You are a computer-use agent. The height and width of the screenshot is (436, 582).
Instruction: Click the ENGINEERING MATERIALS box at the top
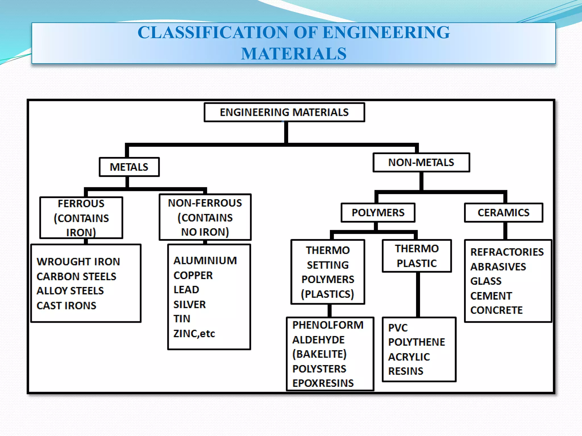pyautogui.click(x=284, y=112)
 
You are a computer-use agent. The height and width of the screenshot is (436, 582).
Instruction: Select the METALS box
pyautogui.click(x=129, y=167)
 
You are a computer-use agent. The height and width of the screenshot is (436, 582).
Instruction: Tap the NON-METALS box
pyautogui.click(x=421, y=162)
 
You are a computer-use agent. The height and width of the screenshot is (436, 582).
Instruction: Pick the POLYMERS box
pyautogui.click(x=378, y=213)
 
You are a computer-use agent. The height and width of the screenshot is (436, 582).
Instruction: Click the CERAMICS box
pyautogui.click(x=503, y=213)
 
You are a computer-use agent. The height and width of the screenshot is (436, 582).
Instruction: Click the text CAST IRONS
pyautogui.click(x=66, y=305)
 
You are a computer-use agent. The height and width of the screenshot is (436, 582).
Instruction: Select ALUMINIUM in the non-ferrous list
pyautogui.click(x=205, y=261)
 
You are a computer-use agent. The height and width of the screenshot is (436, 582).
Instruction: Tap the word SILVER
pyautogui.click(x=190, y=305)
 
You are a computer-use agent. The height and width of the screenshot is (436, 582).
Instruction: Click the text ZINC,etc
pyautogui.click(x=194, y=334)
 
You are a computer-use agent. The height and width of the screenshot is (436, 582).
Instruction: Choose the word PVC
pyautogui.click(x=398, y=328)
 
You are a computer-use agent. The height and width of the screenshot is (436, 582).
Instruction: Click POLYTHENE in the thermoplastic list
pyautogui.click(x=417, y=342)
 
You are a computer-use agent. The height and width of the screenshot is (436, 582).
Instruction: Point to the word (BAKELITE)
pyautogui.click(x=319, y=354)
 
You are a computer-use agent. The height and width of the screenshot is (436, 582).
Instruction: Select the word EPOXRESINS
pyautogui.click(x=323, y=383)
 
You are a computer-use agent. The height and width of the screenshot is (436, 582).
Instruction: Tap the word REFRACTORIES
pyautogui.click(x=507, y=252)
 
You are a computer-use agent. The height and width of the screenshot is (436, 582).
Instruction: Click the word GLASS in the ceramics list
pyautogui.click(x=486, y=281)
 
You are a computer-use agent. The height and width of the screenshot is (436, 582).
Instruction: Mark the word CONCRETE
pyautogui.click(x=496, y=310)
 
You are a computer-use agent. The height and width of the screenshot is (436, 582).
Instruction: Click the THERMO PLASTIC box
pyautogui.click(x=417, y=256)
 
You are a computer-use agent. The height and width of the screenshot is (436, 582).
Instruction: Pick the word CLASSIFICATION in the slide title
pyautogui.click(x=213, y=32)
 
